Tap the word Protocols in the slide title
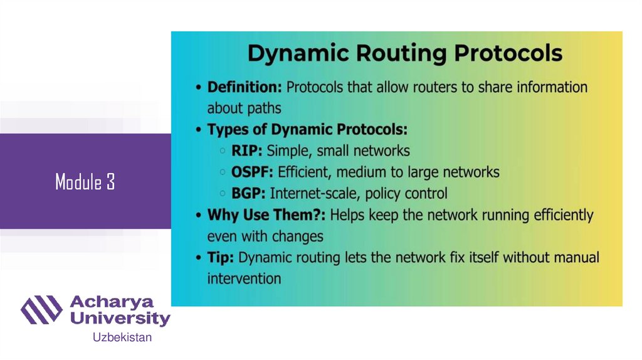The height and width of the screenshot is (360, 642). pos(508,53)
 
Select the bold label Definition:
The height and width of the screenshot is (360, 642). pos(245,87)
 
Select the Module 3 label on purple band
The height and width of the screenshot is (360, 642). pos(85,183)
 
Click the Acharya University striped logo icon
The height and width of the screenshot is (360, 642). pos(41,310)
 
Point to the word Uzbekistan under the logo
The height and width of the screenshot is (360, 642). pos(122,338)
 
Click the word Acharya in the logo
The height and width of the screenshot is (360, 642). pos(111,302)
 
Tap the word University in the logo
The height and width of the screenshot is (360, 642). pos(119,318)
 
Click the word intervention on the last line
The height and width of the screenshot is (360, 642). pos(244,278)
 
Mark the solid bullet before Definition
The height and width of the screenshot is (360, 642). pos(198,88)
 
